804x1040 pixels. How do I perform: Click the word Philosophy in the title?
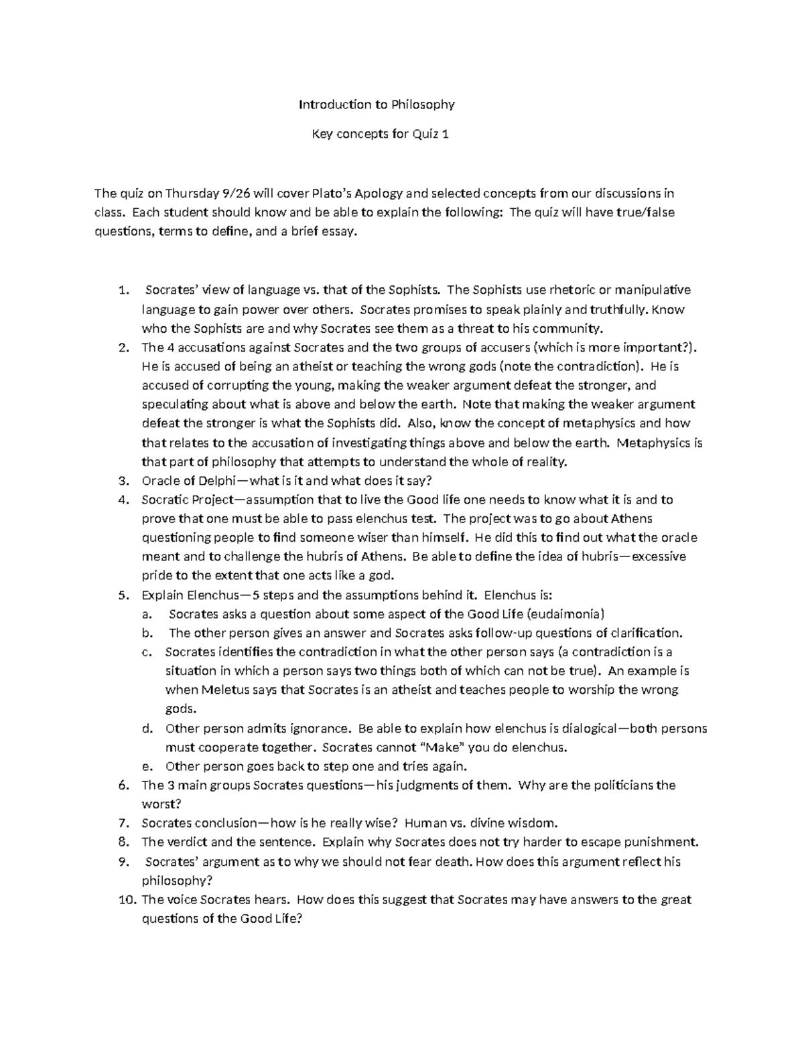click(x=423, y=104)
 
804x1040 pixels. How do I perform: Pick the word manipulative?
click(x=653, y=290)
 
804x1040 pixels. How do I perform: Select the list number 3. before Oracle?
click(x=123, y=481)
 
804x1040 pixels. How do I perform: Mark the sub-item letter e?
click(x=151, y=767)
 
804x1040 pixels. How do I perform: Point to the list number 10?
click(x=127, y=900)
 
